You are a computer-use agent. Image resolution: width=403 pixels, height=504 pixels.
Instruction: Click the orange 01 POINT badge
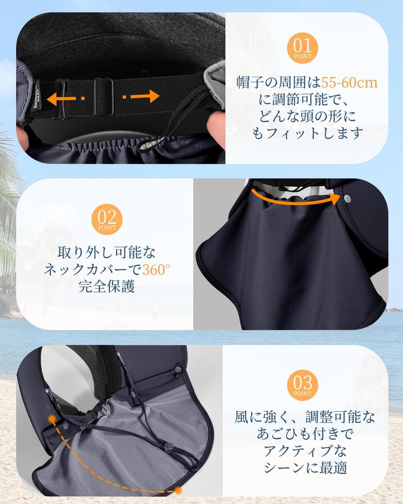302,48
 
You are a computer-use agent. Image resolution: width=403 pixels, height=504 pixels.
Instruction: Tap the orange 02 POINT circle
107,219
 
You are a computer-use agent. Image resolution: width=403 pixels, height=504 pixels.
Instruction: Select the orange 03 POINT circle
302,385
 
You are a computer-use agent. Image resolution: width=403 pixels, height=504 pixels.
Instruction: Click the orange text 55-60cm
349,82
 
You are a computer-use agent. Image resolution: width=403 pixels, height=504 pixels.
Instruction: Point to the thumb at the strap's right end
217,129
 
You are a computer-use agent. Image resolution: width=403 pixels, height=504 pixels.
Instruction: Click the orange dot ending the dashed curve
178,490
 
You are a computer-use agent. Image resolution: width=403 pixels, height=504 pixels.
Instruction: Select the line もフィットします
308,133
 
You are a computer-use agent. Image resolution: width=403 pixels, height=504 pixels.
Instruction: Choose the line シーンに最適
305,468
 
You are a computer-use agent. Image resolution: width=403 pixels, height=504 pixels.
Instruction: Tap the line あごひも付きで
305,434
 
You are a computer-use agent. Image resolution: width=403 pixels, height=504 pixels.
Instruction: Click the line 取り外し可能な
106,252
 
